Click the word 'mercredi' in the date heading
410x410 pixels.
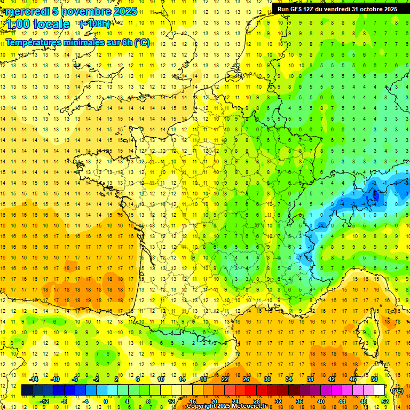point(28,11)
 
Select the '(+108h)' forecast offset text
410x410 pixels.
point(94,24)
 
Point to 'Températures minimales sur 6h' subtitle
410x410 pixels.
point(69,43)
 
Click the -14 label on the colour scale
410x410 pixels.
point(34,379)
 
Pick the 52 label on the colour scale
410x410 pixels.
point(385,401)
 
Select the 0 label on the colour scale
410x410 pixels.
point(106,401)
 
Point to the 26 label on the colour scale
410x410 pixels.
point(246,379)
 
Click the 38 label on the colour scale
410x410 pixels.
point(310,379)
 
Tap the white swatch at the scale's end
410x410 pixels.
point(380,390)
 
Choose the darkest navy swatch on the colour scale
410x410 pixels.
point(27,390)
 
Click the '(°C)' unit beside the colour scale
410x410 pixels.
point(397,390)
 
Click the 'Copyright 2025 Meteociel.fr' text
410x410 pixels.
point(226,406)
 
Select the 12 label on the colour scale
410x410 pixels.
point(171,401)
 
